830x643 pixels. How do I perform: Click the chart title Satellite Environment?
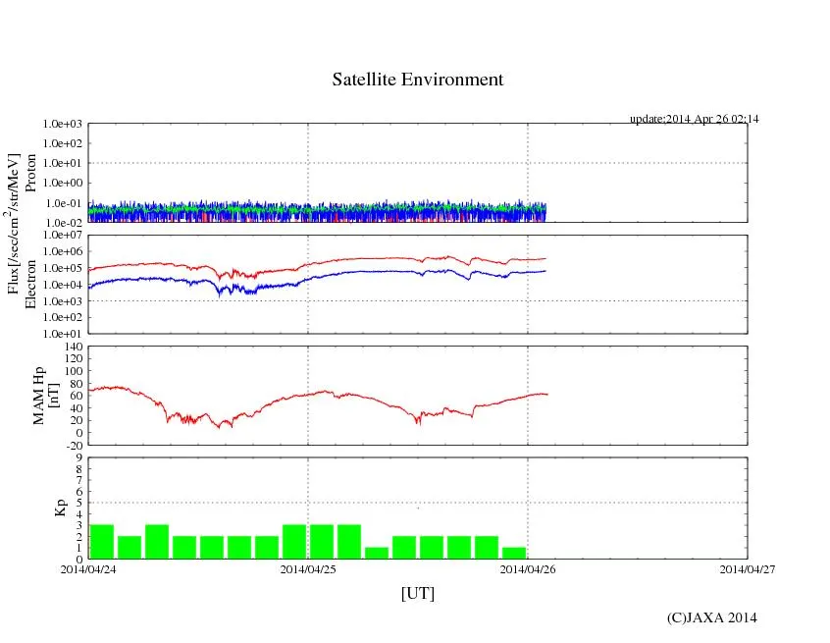(x=418, y=80)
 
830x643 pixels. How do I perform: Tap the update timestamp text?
(x=694, y=119)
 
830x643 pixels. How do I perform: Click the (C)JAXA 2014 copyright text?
(x=711, y=617)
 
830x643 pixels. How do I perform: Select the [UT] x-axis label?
(x=417, y=594)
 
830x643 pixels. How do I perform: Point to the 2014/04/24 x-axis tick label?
(x=87, y=568)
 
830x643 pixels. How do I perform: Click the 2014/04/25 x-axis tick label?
(x=308, y=568)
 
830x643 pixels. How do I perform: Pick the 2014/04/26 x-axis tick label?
(x=528, y=568)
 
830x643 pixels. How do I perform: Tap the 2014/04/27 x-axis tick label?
(x=747, y=568)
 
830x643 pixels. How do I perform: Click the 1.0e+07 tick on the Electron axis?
(x=63, y=236)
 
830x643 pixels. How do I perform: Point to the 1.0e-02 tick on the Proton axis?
(x=63, y=223)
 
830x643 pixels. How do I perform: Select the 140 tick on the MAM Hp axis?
(x=73, y=347)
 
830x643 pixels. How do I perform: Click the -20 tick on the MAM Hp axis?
(x=73, y=446)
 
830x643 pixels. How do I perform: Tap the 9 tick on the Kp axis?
(x=79, y=457)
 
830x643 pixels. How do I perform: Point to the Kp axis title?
(x=59, y=508)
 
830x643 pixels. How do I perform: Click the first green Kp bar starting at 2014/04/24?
(x=101, y=542)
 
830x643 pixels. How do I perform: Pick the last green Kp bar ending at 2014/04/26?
(x=514, y=553)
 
